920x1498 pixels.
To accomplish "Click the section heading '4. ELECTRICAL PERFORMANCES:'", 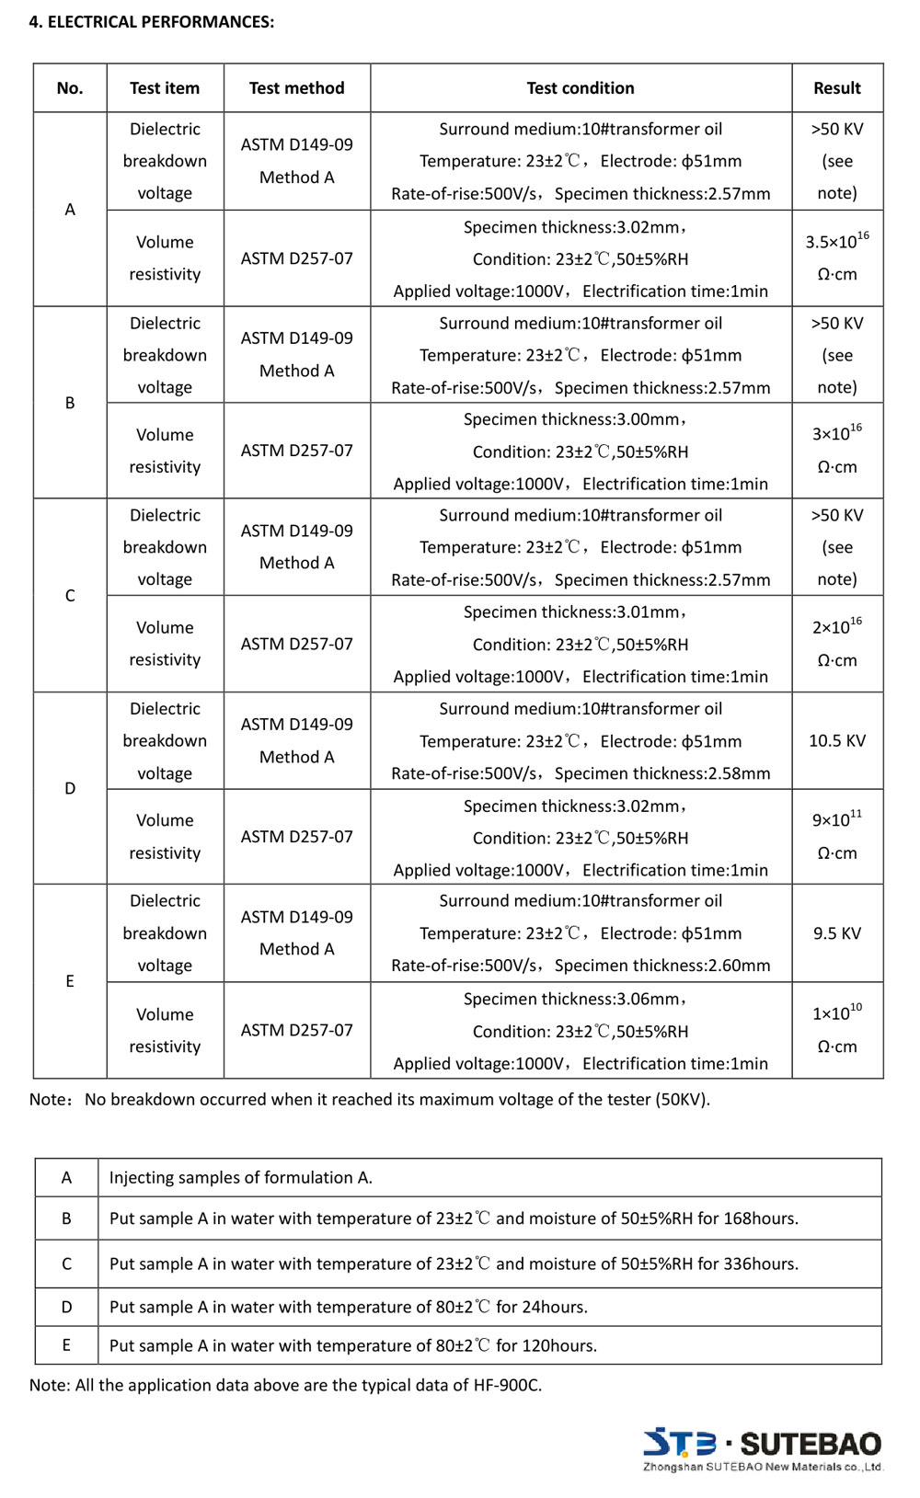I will pyautogui.click(x=152, y=22).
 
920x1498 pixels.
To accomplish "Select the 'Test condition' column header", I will pyautogui.click(x=581, y=88).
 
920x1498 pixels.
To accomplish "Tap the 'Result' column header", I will pyautogui.click(x=837, y=88).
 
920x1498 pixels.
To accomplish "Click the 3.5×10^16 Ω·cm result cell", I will pyautogui.click(x=837, y=258).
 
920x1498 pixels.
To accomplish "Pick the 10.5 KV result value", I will pyautogui.click(x=837, y=741).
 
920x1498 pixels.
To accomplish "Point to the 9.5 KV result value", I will pyautogui.click(x=837, y=933).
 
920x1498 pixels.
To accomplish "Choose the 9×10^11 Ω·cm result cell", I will pyautogui.click(x=837, y=837).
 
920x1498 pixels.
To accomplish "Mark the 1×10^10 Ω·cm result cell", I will pyautogui.click(x=837, y=1030).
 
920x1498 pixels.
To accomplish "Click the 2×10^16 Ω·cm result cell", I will pyautogui.click(x=837, y=644).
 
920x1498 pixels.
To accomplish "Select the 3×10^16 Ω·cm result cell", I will pyautogui.click(x=837, y=451).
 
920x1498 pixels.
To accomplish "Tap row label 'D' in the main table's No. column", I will pyautogui.click(x=70, y=789).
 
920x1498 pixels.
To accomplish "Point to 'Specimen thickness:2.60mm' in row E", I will pyautogui.click(x=662, y=966).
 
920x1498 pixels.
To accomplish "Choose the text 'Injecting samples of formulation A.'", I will pyautogui.click(x=241, y=1178).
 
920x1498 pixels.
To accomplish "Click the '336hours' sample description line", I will pyautogui.click(x=454, y=1264).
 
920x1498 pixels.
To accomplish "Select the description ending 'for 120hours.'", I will pyautogui.click(x=353, y=1346).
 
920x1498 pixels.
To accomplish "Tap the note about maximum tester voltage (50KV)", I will pyautogui.click(x=370, y=1100).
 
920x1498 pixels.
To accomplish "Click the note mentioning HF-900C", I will pyautogui.click(x=286, y=1386).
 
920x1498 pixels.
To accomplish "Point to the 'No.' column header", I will pyautogui.click(x=70, y=88).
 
